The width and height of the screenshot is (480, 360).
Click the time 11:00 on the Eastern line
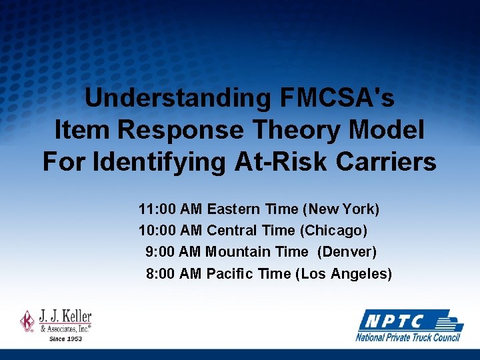[157, 209]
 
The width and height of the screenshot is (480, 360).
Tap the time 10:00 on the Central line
[157, 231]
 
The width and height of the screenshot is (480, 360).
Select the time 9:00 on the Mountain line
[161, 252]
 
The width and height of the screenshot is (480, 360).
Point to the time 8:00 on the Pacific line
[161, 273]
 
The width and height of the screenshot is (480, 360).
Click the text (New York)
[341, 209]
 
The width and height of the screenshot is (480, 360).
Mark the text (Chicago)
[333, 231]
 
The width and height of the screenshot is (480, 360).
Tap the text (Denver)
[347, 252]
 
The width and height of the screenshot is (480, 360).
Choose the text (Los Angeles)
[343, 273]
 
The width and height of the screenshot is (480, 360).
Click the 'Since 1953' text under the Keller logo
[66, 338]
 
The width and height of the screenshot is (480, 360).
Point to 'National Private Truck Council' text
[408, 337]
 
